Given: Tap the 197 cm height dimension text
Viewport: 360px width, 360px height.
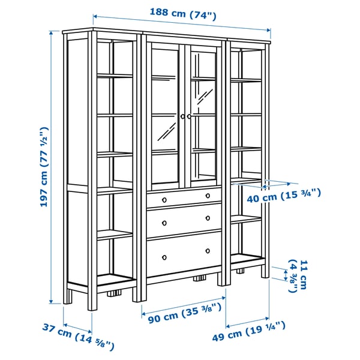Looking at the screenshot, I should click(44, 167).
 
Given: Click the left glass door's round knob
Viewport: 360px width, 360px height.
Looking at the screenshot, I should click(182, 116).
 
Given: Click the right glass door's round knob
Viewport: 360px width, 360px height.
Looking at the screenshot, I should click(190, 116).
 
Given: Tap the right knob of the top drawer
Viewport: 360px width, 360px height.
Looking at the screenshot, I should click(208, 195).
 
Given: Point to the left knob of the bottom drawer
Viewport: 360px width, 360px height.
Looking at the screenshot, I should click(164, 257).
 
